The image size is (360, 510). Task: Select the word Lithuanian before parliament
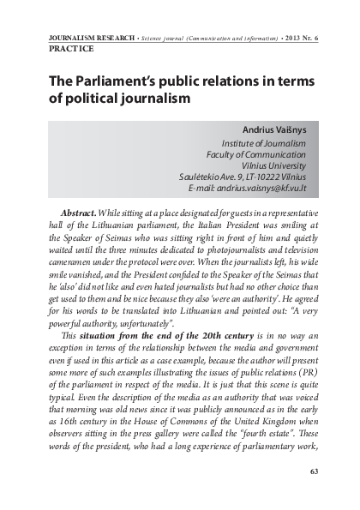point(101,224)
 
